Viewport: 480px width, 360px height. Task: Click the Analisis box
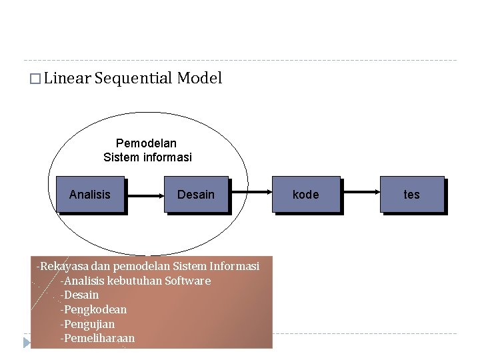(90, 194)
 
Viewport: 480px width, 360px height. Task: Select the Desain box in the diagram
(196, 194)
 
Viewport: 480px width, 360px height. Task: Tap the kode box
(306, 194)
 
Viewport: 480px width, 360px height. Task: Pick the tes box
(412, 194)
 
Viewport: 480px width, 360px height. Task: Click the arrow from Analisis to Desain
(144, 195)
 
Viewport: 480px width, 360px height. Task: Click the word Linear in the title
(67, 79)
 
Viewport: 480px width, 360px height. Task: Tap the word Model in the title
(199, 79)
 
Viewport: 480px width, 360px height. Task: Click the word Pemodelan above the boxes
(146, 143)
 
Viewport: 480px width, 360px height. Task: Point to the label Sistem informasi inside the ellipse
(147, 157)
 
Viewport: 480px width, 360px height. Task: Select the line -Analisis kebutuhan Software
(135, 281)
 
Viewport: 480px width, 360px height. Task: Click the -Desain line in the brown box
(79, 295)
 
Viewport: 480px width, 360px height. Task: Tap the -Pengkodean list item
(93, 309)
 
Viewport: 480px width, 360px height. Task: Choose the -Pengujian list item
(87, 324)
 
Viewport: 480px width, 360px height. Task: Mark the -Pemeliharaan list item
(97, 338)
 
